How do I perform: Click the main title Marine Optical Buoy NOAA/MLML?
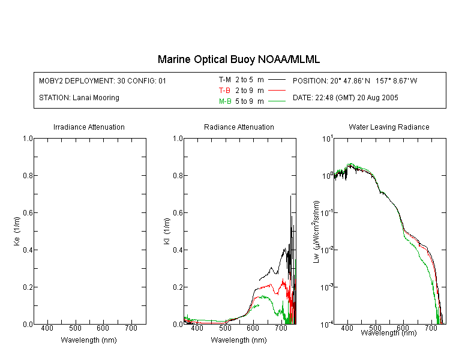pyautogui.click(x=238, y=59)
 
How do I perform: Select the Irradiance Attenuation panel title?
pyautogui.click(x=89, y=127)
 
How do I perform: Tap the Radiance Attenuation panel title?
pyautogui.click(x=239, y=127)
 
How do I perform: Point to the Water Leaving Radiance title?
pyautogui.click(x=389, y=127)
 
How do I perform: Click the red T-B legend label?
pyautogui.click(x=224, y=91)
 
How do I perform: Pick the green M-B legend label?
pyautogui.click(x=225, y=101)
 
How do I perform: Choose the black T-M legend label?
pyautogui.click(x=225, y=80)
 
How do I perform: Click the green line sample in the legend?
pyautogui.click(x=277, y=101)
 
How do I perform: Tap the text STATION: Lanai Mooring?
pyautogui.click(x=79, y=98)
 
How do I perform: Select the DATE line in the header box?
pyautogui.click(x=345, y=98)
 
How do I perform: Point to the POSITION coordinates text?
pyautogui.click(x=355, y=80)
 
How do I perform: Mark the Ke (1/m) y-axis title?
pyautogui.click(x=17, y=231)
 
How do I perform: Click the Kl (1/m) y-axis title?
pyautogui.click(x=167, y=231)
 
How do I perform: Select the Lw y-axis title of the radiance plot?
pyautogui.click(x=316, y=232)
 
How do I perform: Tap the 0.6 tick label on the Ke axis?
pyautogui.click(x=28, y=213)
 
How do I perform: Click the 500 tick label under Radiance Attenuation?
pyautogui.click(x=225, y=328)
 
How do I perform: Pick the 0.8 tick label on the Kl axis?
pyautogui.click(x=178, y=175)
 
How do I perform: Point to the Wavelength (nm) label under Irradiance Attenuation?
pyautogui.click(x=89, y=340)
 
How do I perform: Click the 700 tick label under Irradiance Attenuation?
pyautogui.click(x=131, y=328)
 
